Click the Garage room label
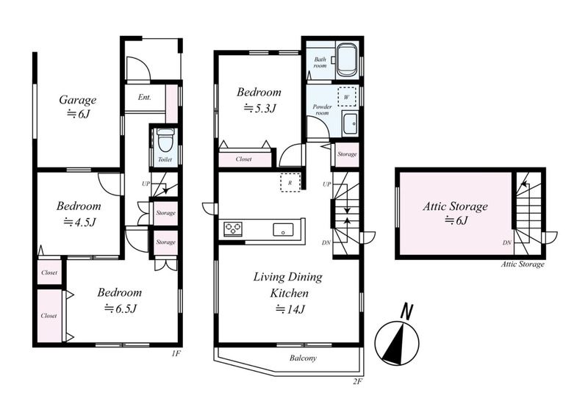click(x=78, y=100)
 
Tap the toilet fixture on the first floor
click(x=165, y=140)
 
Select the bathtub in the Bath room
click(x=346, y=61)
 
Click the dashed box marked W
click(x=346, y=97)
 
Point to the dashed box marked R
click(x=290, y=183)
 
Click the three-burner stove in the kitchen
click(x=233, y=228)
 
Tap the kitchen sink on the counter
click(x=283, y=229)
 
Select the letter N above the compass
click(x=406, y=311)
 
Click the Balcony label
click(x=303, y=358)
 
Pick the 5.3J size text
click(x=260, y=109)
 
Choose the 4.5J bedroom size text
click(x=80, y=223)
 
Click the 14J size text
click(x=290, y=309)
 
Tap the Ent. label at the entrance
click(x=144, y=98)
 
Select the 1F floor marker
click(x=176, y=353)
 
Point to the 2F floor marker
click(x=357, y=382)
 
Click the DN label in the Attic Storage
click(x=506, y=243)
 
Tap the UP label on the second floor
click(x=326, y=184)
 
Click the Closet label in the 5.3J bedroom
click(x=244, y=159)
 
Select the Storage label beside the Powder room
click(x=347, y=154)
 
